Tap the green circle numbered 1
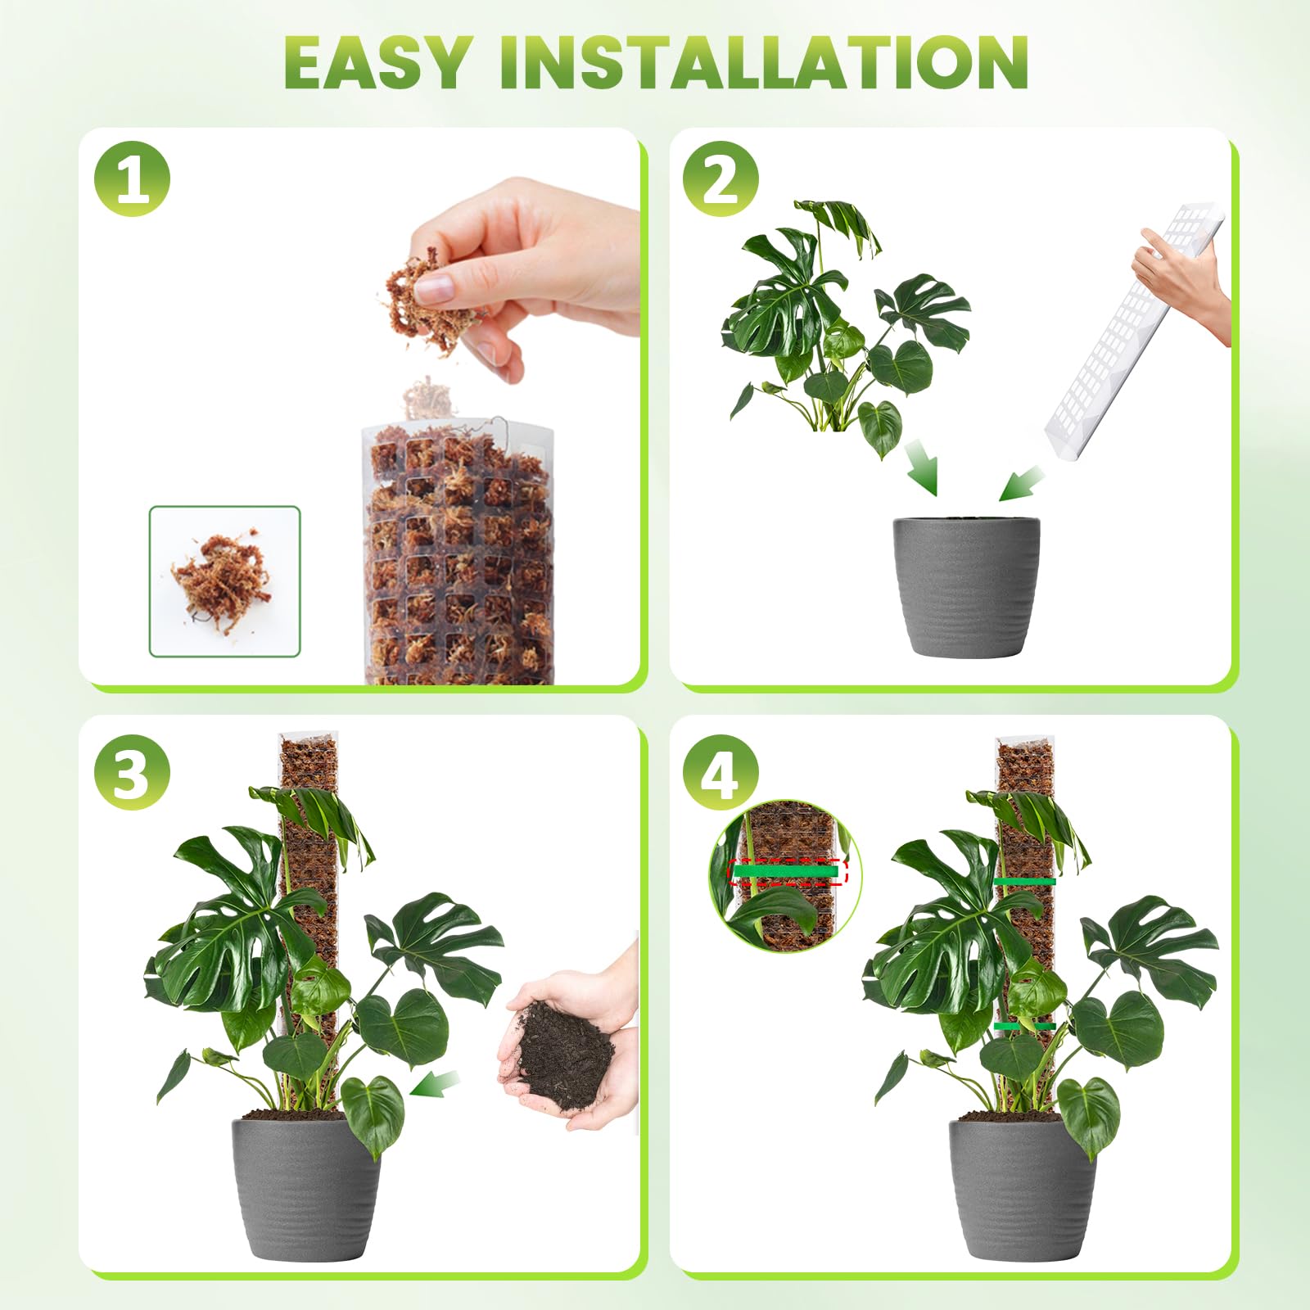click(x=132, y=178)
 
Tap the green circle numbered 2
click(x=720, y=178)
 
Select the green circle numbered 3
click(x=132, y=772)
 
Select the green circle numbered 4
click(x=720, y=772)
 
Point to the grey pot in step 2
click(x=966, y=585)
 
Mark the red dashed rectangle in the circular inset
click(x=788, y=872)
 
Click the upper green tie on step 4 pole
click(x=1023, y=882)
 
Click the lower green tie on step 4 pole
click(x=1023, y=1026)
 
